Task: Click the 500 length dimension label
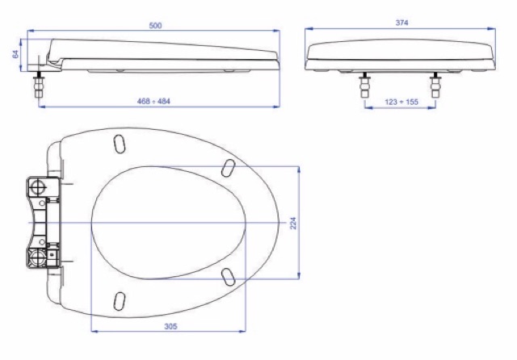pos(155,25)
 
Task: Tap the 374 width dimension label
pos(401,23)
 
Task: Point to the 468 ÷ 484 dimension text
pos(153,101)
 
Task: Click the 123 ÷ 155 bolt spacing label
pos(401,102)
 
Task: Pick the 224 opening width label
pos(293,223)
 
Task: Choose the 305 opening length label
pos(170,326)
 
